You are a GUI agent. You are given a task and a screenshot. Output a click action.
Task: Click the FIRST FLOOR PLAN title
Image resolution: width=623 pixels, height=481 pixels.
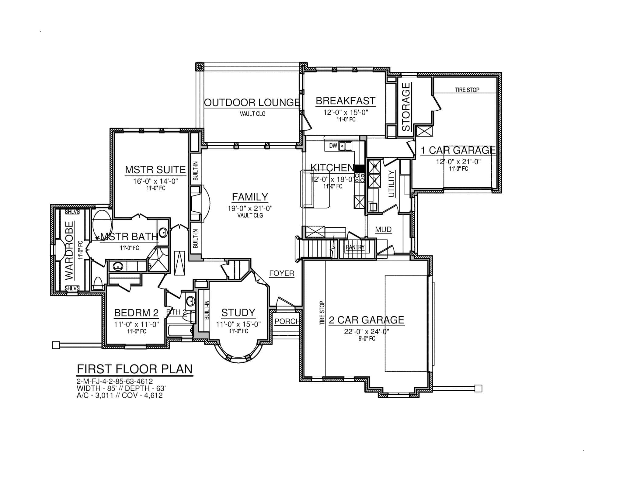point(135,369)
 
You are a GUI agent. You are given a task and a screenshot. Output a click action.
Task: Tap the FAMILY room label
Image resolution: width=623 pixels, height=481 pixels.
point(250,197)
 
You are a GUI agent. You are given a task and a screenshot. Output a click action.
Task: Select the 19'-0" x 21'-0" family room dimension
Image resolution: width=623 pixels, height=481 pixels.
point(250,208)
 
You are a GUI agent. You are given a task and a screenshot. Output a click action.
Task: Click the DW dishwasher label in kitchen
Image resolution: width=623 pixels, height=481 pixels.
point(333,146)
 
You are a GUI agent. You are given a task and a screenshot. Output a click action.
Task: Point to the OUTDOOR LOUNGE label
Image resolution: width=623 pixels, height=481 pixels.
point(252,102)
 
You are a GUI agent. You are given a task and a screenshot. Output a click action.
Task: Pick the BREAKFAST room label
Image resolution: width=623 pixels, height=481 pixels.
point(346,101)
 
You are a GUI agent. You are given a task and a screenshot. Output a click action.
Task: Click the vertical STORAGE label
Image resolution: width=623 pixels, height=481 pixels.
point(406,107)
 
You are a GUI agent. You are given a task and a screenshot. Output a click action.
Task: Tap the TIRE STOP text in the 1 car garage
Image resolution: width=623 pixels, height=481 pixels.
point(467,90)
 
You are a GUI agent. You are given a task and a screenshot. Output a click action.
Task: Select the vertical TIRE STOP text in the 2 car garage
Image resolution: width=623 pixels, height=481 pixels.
point(322,313)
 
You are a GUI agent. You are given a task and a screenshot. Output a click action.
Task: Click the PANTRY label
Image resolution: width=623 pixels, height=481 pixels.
point(355,247)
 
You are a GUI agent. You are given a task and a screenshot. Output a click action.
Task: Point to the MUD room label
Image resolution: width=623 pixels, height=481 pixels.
point(383,229)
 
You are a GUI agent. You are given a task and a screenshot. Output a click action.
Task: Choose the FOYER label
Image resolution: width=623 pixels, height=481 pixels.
point(282,273)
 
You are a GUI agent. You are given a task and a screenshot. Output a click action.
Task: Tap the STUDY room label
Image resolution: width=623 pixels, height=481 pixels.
point(238,313)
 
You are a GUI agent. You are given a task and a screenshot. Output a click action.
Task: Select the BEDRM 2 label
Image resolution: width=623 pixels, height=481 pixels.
point(136,313)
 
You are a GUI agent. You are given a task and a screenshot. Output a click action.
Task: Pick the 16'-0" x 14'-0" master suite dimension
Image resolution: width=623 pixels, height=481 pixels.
point(155,181)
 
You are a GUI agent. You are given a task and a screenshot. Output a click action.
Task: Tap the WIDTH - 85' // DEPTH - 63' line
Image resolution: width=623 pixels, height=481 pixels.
point(121,388)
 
